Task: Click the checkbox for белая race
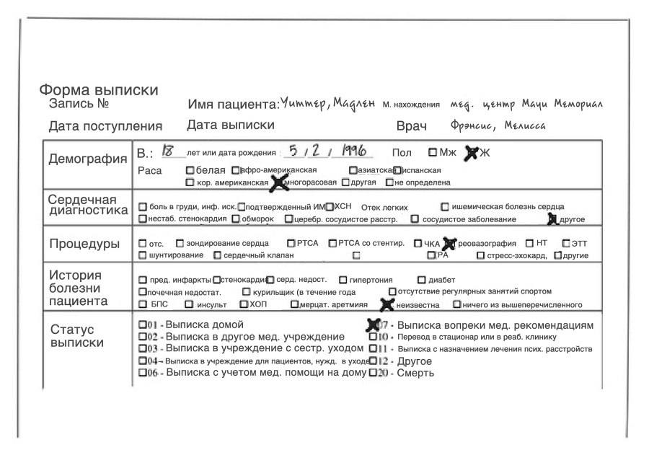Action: pos(190,170)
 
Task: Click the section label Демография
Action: pos(87,159)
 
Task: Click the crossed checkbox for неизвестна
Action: pos(387,304)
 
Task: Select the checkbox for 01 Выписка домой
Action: pos(142,324)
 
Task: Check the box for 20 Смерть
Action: pos(373,373)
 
